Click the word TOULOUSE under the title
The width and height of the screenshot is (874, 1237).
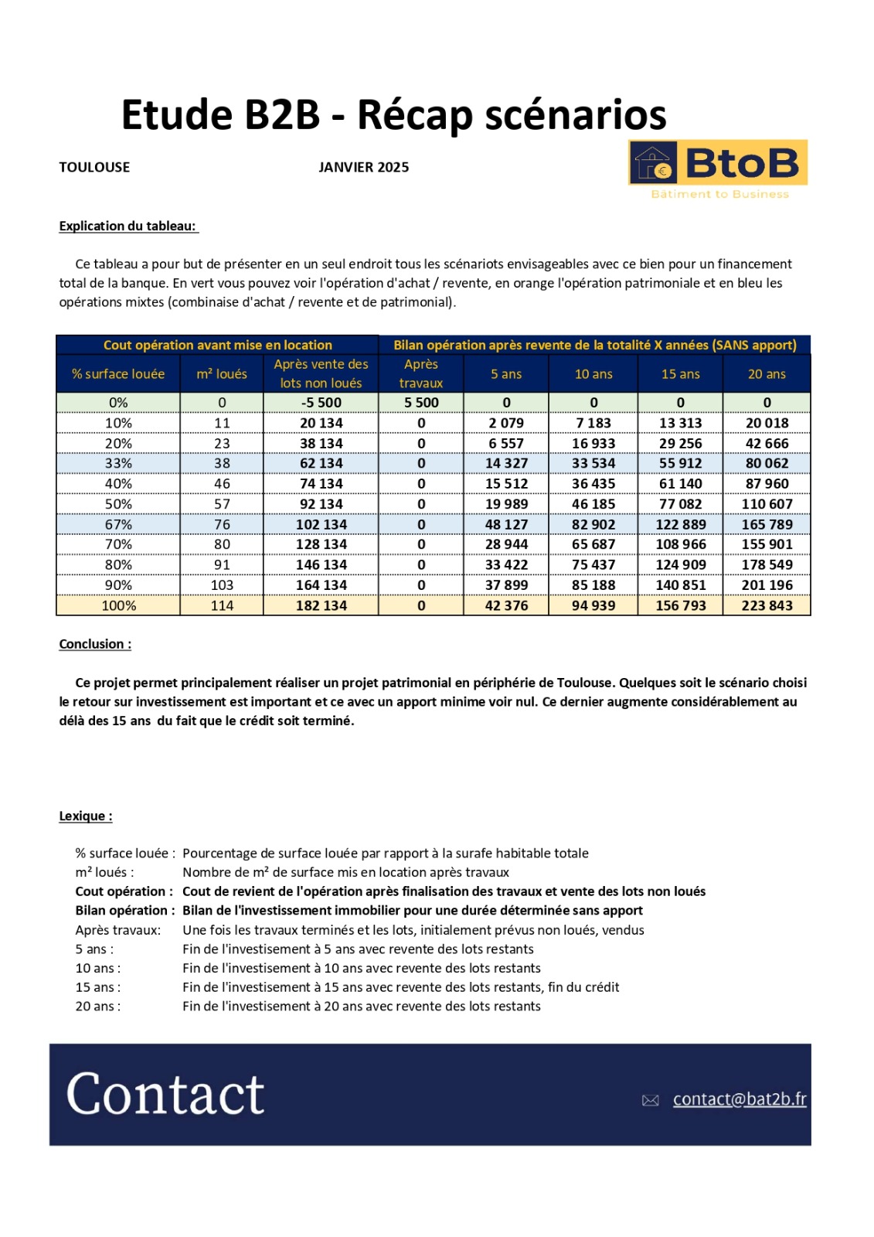[94, 167]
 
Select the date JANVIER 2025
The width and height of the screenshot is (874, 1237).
[363, 167]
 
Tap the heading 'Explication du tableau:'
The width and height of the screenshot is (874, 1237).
[128, 226]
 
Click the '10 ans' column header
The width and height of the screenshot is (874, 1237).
[593, 374]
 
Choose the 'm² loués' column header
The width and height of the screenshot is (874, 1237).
[222, 374]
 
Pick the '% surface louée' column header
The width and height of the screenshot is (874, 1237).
[118, 374]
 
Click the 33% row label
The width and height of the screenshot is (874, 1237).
[118, 463]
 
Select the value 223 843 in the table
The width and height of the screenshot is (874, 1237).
[767, 605]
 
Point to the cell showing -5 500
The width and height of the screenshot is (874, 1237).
[321, 403]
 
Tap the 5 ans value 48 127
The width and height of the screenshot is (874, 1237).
[506, 524]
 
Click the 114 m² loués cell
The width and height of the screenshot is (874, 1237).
[222, 605]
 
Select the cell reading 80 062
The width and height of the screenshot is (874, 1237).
[767, 463]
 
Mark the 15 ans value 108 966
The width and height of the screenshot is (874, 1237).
[680, 544]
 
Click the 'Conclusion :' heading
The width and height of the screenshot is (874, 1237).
[95, 644]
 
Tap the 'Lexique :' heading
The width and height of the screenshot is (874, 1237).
[86, 816]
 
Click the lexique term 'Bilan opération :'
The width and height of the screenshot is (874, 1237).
[124, 911]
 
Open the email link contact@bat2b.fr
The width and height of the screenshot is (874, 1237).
[739, 1099]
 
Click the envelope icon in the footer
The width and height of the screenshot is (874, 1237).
[651, 1100]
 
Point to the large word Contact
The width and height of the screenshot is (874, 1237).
[165, 1093]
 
